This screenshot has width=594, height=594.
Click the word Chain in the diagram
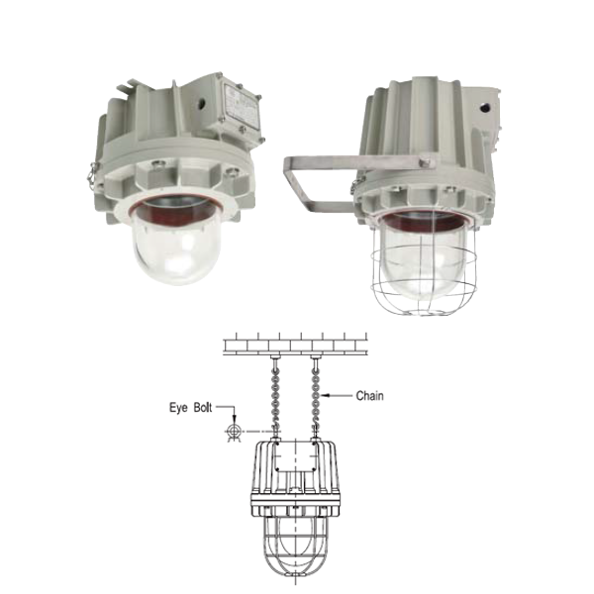point(369,396)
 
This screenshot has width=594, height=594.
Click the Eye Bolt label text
point(190,408)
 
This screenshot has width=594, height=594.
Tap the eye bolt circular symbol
point(234,431)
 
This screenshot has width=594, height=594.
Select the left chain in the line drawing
point(275,398)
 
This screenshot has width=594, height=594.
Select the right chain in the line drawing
point(316,398)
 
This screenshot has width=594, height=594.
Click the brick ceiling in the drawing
point(295,344)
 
